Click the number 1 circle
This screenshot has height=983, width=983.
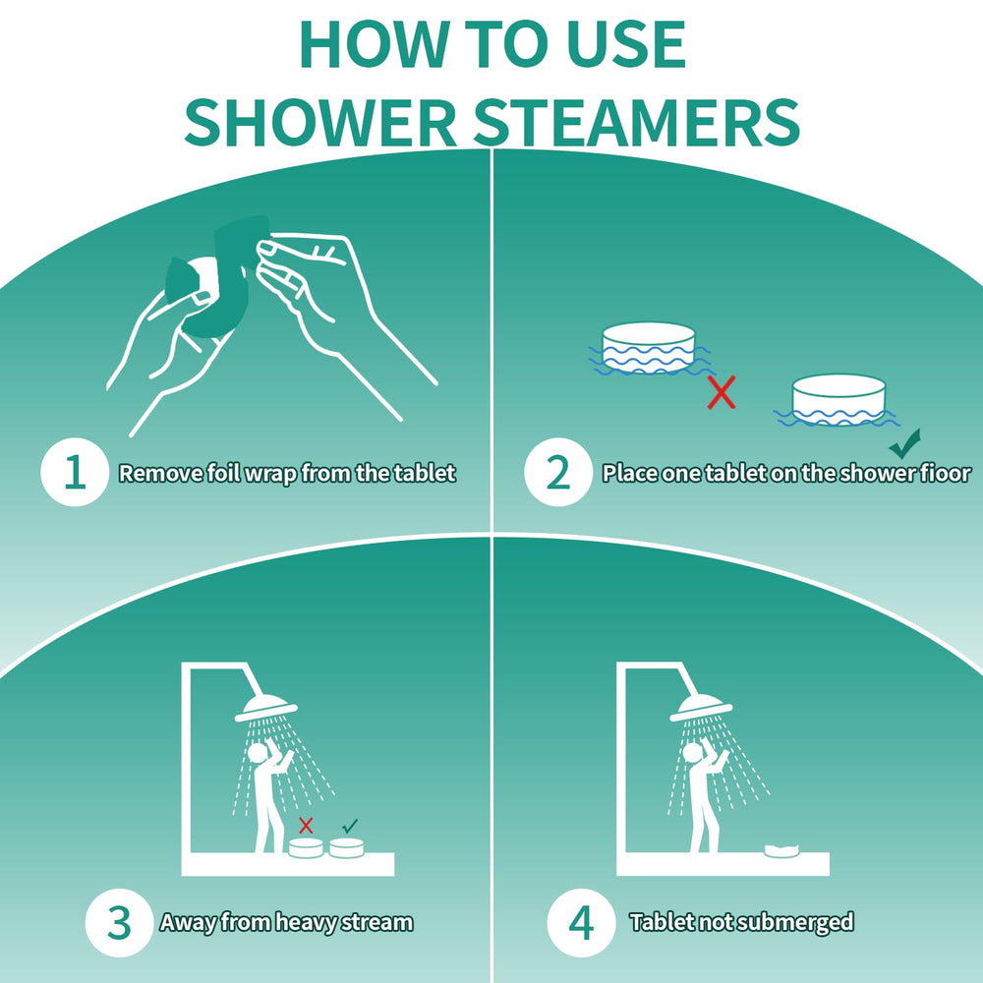pos(76,472)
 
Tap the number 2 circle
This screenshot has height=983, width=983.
pos(558,472)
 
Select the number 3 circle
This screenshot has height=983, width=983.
pos(119,923)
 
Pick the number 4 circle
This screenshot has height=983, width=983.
pos(581,923)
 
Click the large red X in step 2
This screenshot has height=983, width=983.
pos(721,392)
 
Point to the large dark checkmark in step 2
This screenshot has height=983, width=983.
pos(905,443)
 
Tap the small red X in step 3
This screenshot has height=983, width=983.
pos(306,825)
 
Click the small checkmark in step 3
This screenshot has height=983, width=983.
pos(350,826)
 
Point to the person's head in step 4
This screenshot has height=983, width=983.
pos(692,752)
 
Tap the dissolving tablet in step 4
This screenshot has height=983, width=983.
pos(781,849)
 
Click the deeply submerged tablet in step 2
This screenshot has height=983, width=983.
pos(650,347)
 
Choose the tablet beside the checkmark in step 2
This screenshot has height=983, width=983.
pos(838,399)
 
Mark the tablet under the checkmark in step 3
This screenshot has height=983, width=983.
pos(347,847)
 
